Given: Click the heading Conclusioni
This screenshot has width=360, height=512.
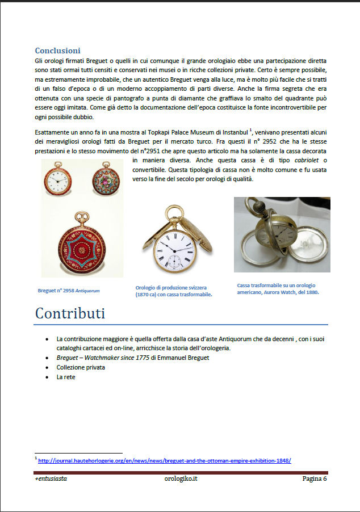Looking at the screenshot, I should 57,51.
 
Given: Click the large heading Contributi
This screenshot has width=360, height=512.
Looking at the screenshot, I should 70,313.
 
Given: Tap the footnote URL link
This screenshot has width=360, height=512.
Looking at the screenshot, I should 164,460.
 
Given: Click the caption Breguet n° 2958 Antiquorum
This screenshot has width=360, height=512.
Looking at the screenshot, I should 69,291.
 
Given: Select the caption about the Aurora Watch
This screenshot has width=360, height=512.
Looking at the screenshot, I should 278,288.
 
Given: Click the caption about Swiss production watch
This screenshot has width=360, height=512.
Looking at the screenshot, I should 174,291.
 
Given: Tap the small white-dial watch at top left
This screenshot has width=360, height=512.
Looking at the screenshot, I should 59,181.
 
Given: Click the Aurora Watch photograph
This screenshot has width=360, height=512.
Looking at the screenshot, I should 282,234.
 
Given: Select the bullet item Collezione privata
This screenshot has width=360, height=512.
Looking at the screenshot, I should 81,367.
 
